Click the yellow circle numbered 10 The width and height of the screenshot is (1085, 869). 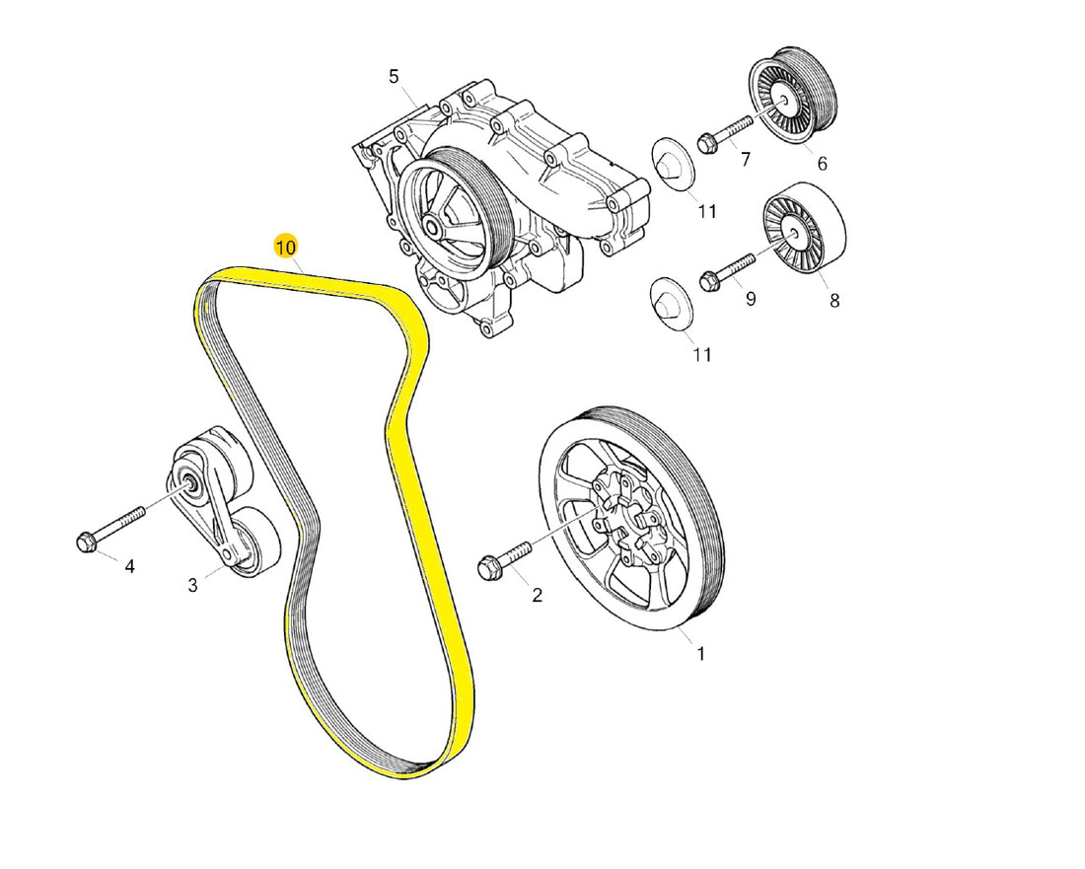click(x=286, y=248)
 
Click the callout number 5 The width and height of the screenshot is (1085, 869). click(x=394, y=77)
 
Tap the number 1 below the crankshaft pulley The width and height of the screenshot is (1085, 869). click(x=701, y=653)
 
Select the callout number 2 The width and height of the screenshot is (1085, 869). click(x=537, y=595)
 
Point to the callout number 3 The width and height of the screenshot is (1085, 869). click(x=193, y=585)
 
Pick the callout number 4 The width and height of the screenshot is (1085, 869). click(x=129, y=566)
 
